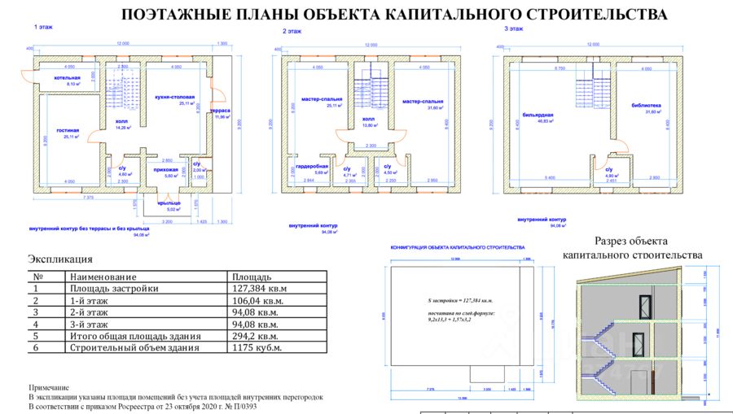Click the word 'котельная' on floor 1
pos(67,78)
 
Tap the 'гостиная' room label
pos(66,130)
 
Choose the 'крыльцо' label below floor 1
pos(169,201)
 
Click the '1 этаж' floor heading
pos(43,27)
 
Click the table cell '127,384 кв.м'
pos(260,288)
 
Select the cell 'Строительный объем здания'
pos(134,347)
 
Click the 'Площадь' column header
pos(252,277)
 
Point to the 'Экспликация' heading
pos(60,259)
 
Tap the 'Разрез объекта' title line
pos(630,241)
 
